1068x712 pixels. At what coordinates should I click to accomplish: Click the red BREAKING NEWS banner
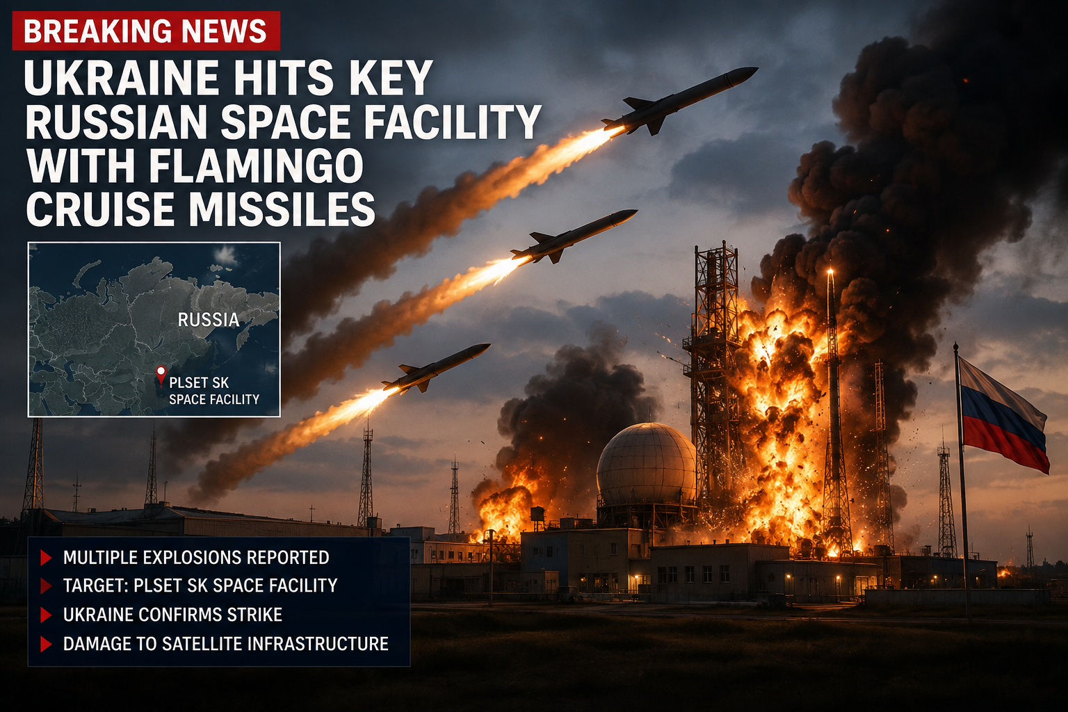pos(147,31)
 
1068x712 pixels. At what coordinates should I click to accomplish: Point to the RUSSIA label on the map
pos(209,320)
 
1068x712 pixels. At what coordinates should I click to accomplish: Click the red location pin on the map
pos(161,373)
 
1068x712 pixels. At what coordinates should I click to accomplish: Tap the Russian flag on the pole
pos(1002,416)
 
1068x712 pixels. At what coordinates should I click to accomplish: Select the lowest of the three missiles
pos(436,367)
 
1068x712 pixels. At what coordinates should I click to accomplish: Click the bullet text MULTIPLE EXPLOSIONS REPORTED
pos(196,558)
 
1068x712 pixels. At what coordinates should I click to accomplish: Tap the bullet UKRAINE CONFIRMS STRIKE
pos(172,615)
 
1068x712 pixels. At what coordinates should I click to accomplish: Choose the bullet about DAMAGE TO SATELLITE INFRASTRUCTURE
pos(225,644)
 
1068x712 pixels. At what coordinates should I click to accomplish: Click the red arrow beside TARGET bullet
pos(46,585)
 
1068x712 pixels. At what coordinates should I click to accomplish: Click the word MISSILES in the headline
pos(282,209)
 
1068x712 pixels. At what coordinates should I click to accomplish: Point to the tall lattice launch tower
pos(713,382)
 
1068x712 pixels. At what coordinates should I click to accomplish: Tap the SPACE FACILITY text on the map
pos(214,399)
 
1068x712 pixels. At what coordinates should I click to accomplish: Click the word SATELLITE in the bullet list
pos(202,644)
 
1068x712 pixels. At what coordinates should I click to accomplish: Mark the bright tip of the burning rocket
pos(830,271)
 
